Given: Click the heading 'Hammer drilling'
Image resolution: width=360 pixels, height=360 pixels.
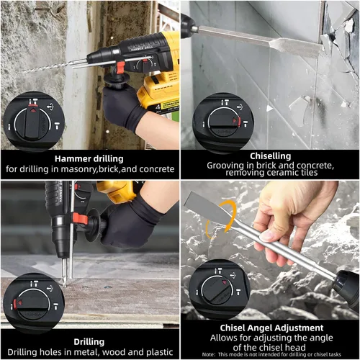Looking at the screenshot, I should (x=89, y=158).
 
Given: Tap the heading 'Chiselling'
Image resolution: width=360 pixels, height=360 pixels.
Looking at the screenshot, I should (x=271, y=156).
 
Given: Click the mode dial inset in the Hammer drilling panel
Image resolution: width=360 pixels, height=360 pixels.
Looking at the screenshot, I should (x=33, y=121).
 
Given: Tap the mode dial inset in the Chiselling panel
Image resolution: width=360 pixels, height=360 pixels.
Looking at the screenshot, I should (x=223, y=120).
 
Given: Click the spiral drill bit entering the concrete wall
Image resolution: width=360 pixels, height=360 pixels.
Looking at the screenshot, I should (x=50, y=67).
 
